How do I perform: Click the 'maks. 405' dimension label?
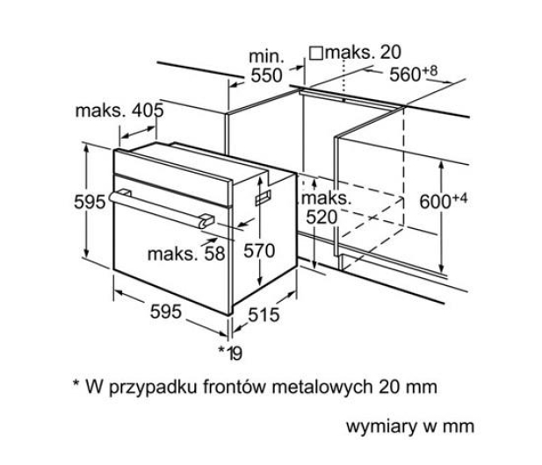click(x=119, y=111)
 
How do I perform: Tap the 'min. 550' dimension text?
click(x=266, y=66)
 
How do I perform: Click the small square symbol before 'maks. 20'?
click(x=316, y=54)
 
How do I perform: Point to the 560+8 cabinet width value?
click(x=414, y=73)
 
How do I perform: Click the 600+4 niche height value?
click(x=443, y=201)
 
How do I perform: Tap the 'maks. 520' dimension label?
click(x=326, y=208)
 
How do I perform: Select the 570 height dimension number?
click(x=259, y=251)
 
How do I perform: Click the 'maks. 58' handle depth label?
click(x=186, y=254)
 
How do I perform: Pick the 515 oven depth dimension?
click(x=264, y=314)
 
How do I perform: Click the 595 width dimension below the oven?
click(x=166, y=311)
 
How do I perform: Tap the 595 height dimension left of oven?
click(x=90, y=202)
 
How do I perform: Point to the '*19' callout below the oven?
click(x=230, y=353)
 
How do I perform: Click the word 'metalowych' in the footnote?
click(x=322, y=387)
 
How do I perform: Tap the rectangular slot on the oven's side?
click(x=263, y=197)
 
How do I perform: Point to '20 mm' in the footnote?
click(x=408, y=387)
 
